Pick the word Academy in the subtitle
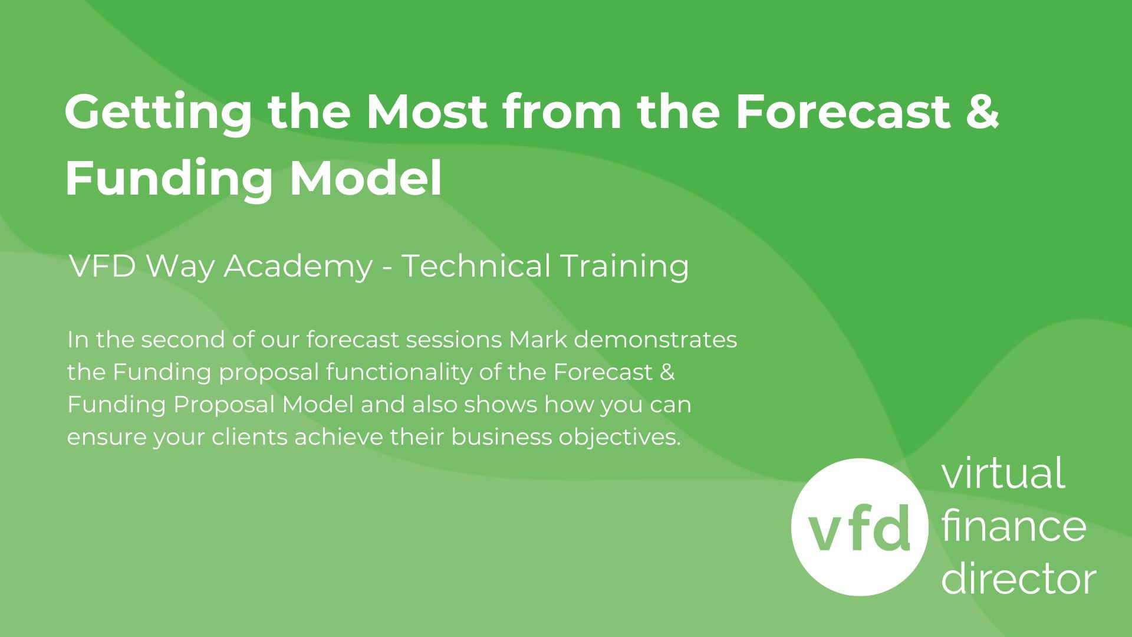coord(298,267)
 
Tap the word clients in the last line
coord(249,437)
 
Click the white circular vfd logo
coord(859,527)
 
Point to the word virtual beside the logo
coord(1003,473)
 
